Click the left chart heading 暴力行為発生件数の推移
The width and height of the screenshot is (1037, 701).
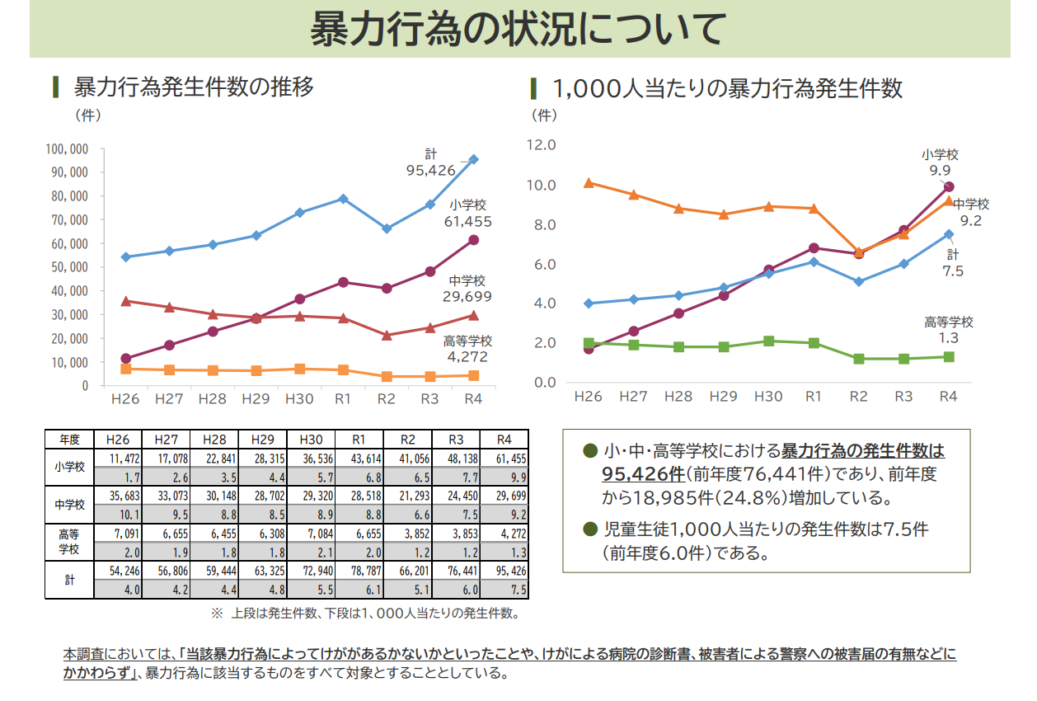coord(194,87)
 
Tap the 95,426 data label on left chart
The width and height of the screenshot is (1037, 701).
coord(430,171)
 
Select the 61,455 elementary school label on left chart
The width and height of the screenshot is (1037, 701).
coord(467,222)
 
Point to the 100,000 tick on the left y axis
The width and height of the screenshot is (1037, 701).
coord(68,149)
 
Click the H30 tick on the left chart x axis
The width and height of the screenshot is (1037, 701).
coord(299,399)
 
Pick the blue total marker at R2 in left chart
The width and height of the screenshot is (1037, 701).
coord(387,228)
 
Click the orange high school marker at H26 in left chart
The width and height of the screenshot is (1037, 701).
coord(125,369)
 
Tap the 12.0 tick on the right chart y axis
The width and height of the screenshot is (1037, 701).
coord(542,145)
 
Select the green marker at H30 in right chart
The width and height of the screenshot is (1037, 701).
coord(768,341)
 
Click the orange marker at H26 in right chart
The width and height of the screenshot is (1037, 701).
coord(589,182)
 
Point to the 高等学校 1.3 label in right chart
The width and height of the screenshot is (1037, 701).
coord(949,330)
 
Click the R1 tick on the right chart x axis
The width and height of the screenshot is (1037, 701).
coord(814,397)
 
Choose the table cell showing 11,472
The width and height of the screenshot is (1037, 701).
coord(118,459)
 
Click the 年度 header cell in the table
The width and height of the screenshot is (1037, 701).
coord(69,440)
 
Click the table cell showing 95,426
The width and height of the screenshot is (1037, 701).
coord(504,571)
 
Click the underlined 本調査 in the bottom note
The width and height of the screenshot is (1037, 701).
coord(84,654)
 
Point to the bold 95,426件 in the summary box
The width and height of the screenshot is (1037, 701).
coord(644,475)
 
